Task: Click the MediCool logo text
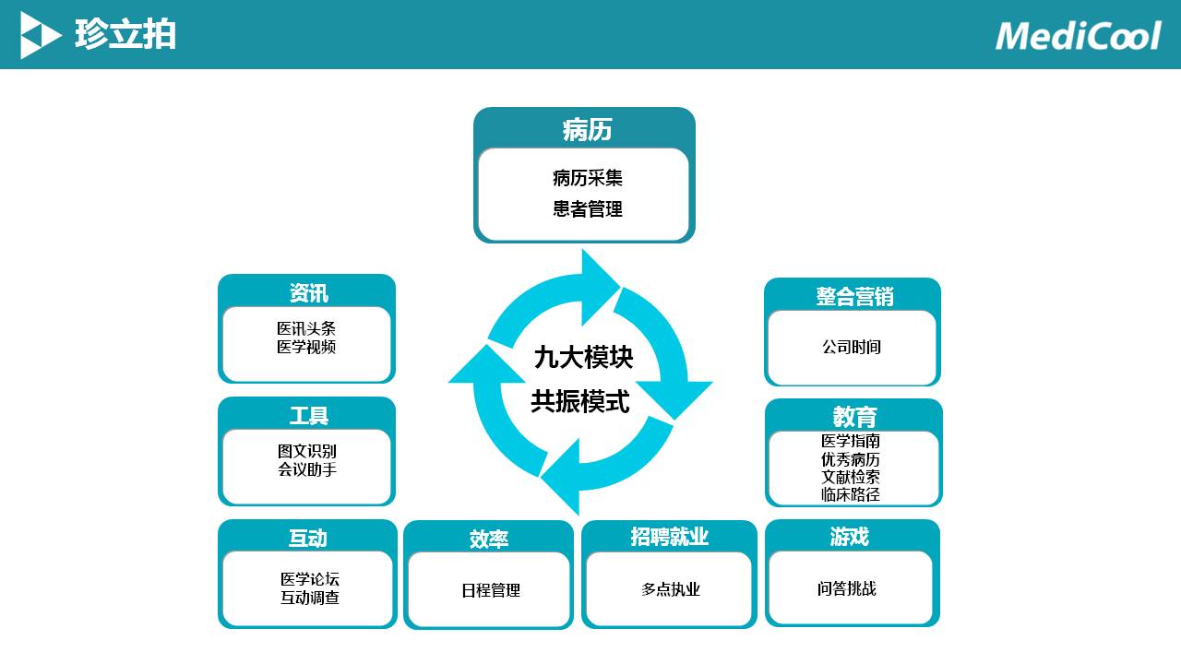(1078, 36)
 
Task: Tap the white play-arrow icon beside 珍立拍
(40, 36)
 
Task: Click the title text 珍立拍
(125, 36)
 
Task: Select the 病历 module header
(587, 130)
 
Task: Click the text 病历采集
(588, 178)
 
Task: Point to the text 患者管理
(588, 209)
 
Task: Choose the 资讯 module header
(308, 293)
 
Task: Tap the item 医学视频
(306, 347)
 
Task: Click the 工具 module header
(308, 416)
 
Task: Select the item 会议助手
(307, 469)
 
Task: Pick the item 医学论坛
(310, 579)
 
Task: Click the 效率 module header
(488, 539)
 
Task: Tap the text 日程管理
(491, 590)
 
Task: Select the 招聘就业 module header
(669, 537)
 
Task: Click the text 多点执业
(671, 589)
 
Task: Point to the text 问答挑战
(846, 588)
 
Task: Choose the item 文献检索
(851, 477)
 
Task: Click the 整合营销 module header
(854, 297)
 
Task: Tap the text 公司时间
(852, 347)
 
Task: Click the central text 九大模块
(583, 357)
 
